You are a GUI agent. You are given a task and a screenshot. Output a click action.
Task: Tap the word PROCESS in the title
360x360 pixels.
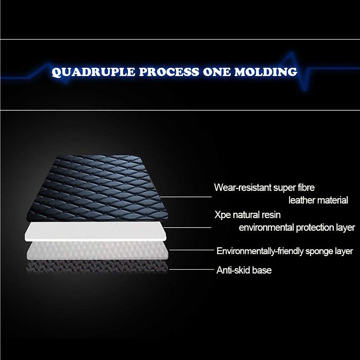coord(169,72)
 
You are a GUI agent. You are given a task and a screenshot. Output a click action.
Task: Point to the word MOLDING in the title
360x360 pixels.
coord(266,72)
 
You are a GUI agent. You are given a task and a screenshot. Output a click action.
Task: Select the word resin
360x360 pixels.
coord(270,215)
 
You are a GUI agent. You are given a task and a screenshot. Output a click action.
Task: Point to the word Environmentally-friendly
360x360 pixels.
coord(260,251)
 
